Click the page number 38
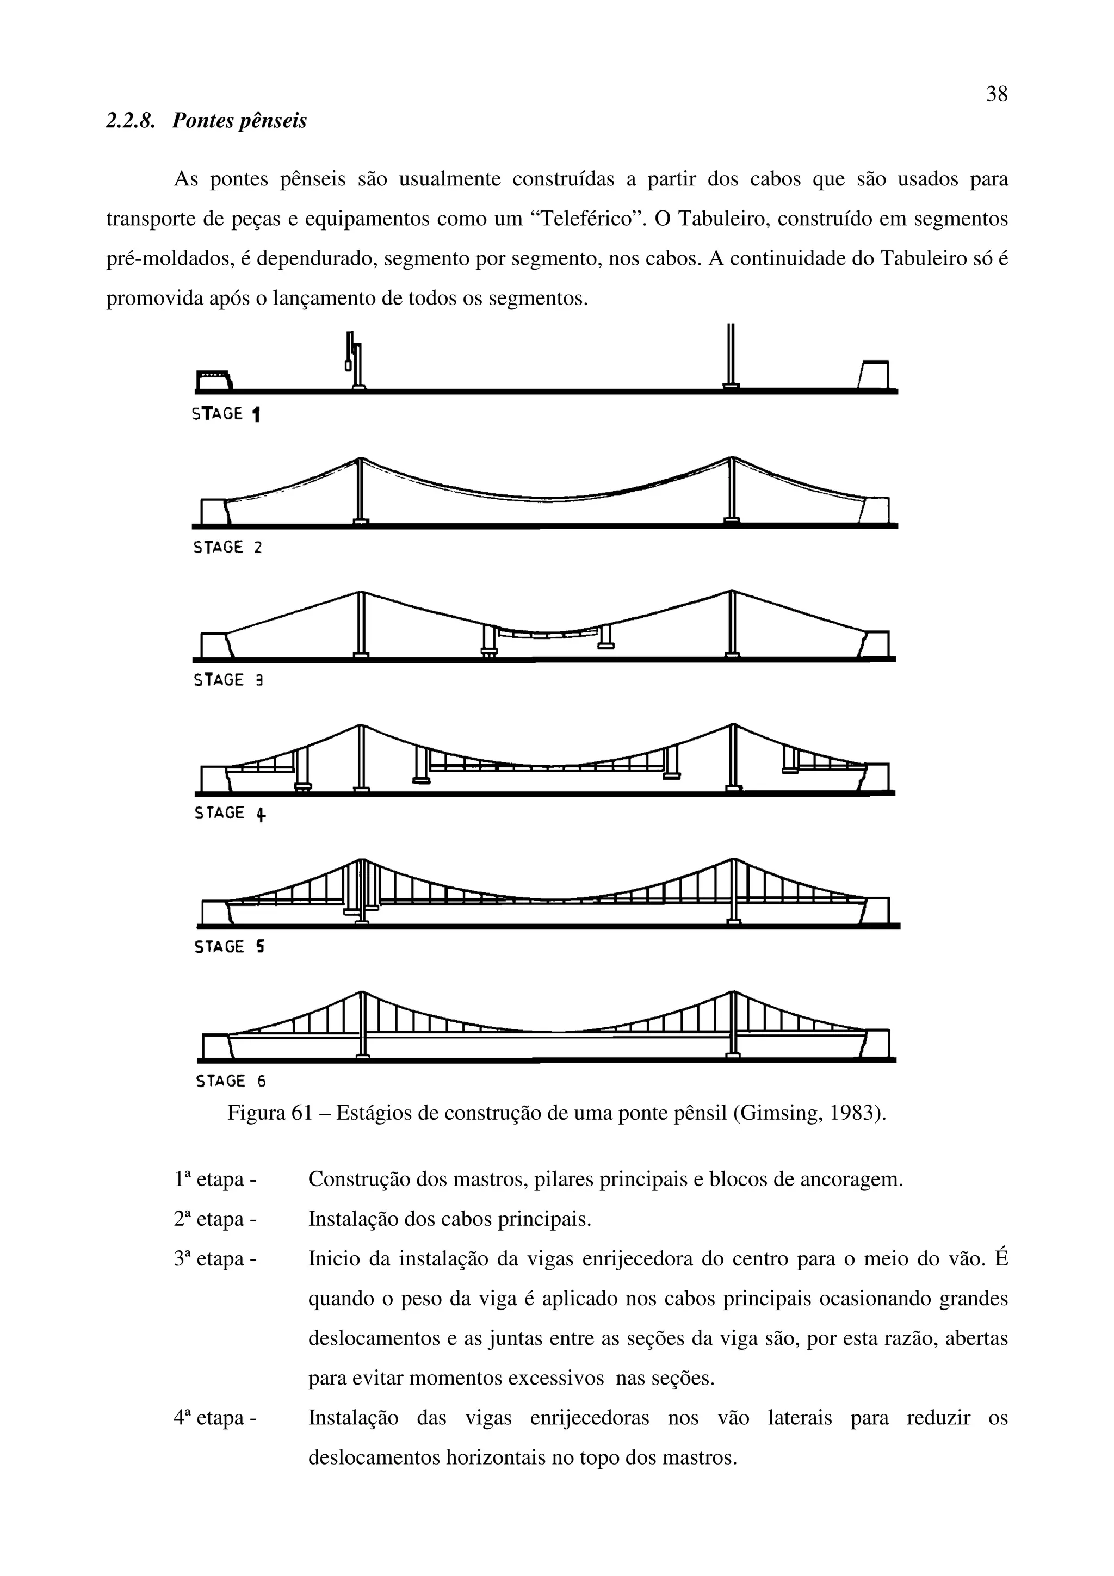[996, 94]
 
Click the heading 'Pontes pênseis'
[239, 121]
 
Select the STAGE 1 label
[226, 414]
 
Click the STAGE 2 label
[227, 548]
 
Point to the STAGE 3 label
[228, 680]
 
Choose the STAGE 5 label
[229, 947]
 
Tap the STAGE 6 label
[230, 1081]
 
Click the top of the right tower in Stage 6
[733, 993]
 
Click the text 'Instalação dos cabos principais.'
[450, 1219]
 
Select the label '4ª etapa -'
[215, 1418]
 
